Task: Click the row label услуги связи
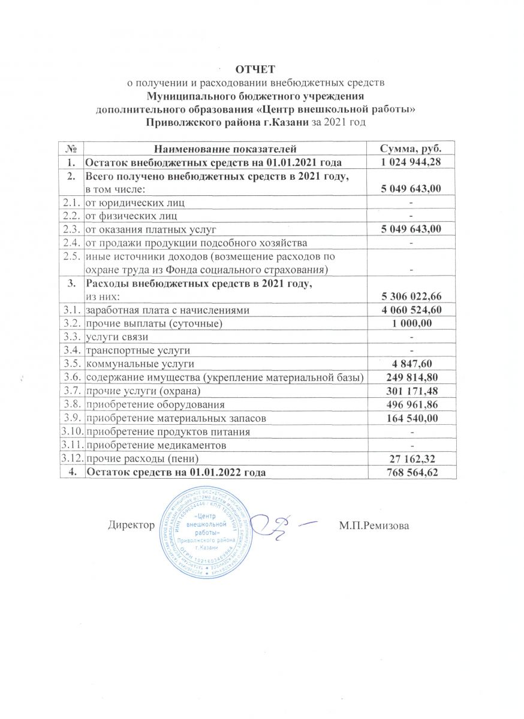click(113, 337)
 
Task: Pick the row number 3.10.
click(71, 431)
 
